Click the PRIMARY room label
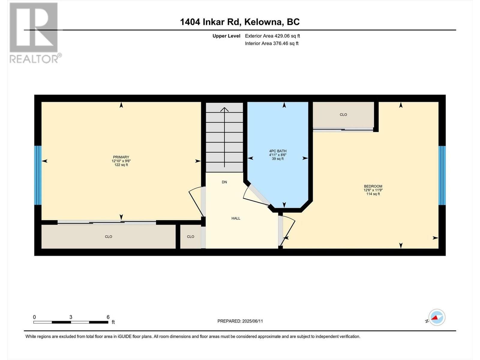coord(121,157)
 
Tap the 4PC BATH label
coord(278,151)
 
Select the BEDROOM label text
coord(373,186)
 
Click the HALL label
coord(236,218)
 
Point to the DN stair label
coord(224,182)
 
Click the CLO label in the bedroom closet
coord(343,115)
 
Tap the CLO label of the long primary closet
coord(109,237)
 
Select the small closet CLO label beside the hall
coord(190,237)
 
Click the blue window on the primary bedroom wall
coord(38,175)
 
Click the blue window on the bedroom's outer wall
coord(442,175)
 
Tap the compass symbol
coord(436,317)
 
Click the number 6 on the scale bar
coord(108,317)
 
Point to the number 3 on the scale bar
coord(71,317)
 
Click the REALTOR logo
coord(34,33)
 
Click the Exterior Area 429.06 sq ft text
coord(272,36)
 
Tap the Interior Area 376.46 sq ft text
coord(271,43)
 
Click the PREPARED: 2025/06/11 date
coord(240,321)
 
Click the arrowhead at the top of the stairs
coord(224,109)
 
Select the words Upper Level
coord(226,36)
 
